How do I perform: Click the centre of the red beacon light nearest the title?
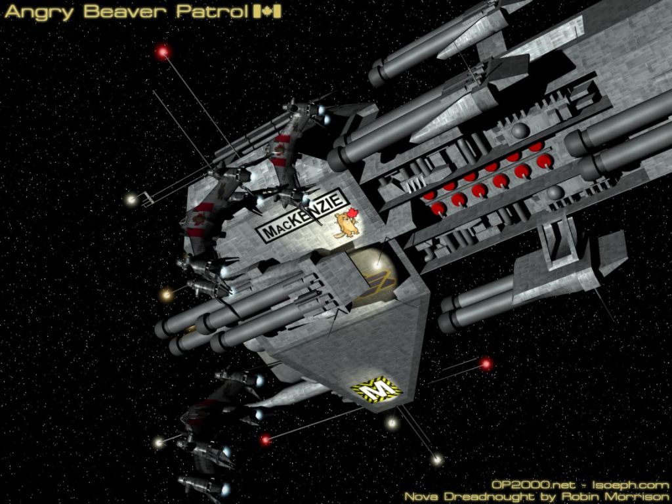163,52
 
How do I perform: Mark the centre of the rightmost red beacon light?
486,364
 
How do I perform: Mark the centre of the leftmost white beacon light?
131,199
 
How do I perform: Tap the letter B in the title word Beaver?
91,12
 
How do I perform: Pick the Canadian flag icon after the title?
267,12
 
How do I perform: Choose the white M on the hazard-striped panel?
377,390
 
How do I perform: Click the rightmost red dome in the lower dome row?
544,161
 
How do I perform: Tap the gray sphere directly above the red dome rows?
519,131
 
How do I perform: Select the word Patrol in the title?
211,12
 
